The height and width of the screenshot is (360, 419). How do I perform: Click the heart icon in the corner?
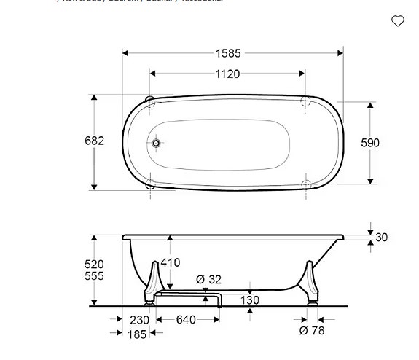[398, 21]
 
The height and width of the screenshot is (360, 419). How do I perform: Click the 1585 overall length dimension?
[228, 53]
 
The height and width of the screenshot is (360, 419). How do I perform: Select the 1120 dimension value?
[227, 74]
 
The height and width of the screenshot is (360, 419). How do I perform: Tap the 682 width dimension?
[95, 141]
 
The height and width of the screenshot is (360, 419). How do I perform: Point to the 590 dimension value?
[370, 143]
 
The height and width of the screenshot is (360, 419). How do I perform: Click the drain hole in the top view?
[156, 144]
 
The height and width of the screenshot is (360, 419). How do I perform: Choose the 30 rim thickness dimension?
[381, 238]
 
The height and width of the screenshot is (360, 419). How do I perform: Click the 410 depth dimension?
[170, 263]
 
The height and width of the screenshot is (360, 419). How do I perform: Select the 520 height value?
[94, 265]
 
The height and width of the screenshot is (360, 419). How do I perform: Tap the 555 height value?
[94, 276]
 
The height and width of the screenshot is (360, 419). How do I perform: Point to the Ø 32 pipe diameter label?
[208, 279]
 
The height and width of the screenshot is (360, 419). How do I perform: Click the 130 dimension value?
[250, 300]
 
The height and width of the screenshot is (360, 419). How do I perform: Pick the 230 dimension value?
[139, 320]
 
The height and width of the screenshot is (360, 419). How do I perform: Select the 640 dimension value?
[186, 320]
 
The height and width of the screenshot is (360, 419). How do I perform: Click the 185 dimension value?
[137, 334]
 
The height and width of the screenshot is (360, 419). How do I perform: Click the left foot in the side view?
[153, 282]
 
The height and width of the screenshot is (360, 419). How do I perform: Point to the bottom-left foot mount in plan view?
[149, 184]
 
